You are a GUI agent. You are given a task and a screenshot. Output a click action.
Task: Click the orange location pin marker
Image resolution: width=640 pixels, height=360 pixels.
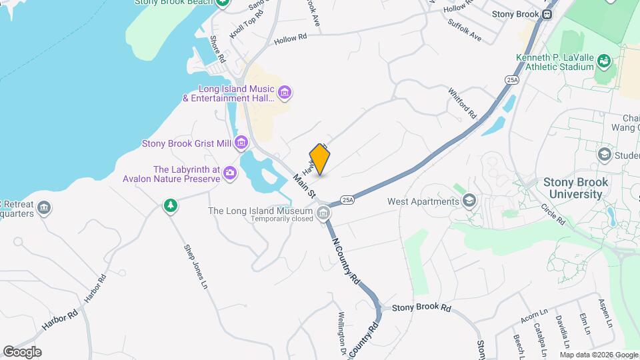click(x=320, y=159)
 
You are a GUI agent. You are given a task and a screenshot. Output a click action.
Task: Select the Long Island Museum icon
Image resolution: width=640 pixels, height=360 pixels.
click(x=323, y=213)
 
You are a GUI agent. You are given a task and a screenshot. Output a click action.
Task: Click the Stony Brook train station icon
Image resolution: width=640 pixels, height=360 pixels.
click(x=547, y=13)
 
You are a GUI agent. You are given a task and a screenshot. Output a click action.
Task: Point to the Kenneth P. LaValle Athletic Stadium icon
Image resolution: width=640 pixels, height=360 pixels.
click(x=604, y=61)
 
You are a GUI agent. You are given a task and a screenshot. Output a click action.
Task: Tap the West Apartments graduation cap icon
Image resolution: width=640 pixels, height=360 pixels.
click(x=469, y=201)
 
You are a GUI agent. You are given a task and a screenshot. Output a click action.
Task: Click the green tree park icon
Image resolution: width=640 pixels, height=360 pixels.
click(x=171, y=206)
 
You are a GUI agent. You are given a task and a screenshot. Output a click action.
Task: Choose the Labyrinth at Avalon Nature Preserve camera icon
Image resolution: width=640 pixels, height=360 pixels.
click(x=230, y=173)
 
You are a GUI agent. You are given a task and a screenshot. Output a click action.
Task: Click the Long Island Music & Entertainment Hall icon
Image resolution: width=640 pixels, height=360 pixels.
click(x=284, y=92)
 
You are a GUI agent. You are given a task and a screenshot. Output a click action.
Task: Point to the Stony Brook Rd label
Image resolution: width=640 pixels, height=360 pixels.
click(x=421, y=308)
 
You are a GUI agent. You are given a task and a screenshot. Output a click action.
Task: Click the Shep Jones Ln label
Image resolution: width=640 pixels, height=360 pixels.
click(x=195, y=267)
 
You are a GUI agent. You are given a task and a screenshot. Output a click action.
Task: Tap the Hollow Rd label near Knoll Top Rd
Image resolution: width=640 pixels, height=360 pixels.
click(x=290, y=39)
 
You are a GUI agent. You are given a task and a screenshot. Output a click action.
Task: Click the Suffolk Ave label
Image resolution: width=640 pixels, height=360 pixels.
click(x=465, y=32)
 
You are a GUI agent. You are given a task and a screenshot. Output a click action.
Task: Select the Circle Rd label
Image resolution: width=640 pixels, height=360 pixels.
click(x=553, y=213)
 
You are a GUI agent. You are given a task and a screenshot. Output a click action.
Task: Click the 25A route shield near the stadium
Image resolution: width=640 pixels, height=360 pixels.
click(x=512, y=80)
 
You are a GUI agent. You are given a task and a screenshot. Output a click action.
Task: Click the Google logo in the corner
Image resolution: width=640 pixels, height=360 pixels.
click(x=22, y=351)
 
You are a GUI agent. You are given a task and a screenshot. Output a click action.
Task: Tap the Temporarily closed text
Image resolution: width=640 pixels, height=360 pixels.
click(x=282, y=219)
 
